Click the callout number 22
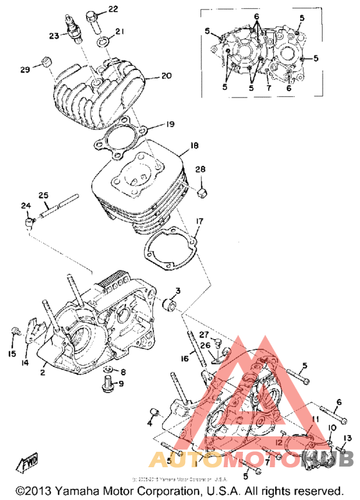click(113, 9)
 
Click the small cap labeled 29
click(46, 63)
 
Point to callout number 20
click(166, 76)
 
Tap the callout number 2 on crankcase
click(42, 372)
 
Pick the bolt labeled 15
click(15, 333)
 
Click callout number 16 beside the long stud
click(183, 359)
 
